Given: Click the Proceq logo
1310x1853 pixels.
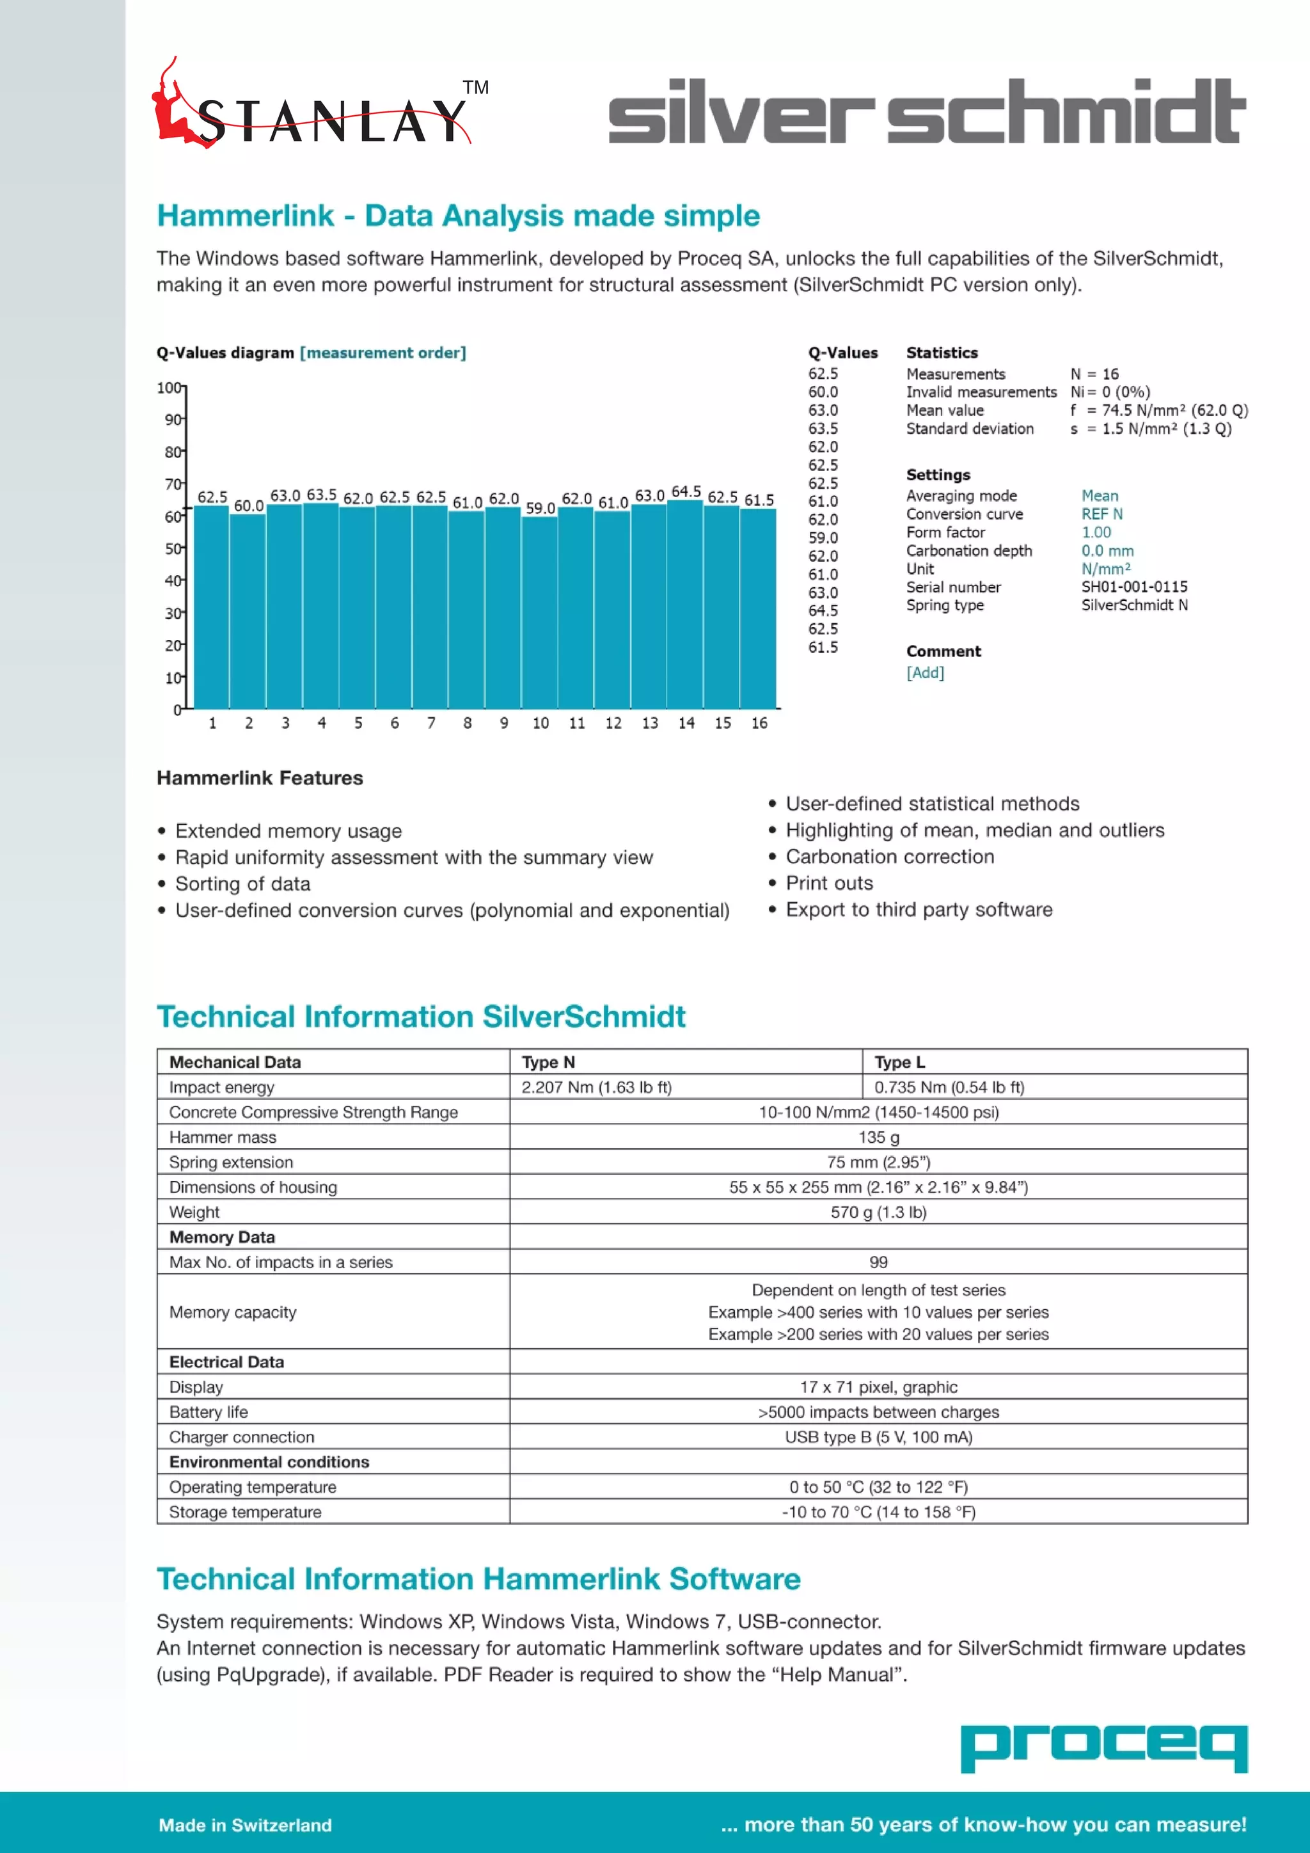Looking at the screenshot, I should click(1103, 1748).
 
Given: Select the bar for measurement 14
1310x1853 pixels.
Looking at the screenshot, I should click(686, 605).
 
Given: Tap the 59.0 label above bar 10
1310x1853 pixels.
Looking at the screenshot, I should click(541, 507).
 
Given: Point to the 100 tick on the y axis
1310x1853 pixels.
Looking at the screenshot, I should click(170, 388).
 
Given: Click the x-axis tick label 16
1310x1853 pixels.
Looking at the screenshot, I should click(759, 723).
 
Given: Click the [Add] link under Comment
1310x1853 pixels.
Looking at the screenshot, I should click(925, 672).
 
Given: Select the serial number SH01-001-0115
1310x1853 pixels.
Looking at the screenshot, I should click(1134, 587).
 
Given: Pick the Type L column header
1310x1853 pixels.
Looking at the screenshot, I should click(899, 1062).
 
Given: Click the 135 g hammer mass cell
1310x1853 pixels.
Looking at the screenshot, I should click(878, 1137).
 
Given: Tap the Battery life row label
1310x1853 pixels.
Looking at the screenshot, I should click(209, 1412).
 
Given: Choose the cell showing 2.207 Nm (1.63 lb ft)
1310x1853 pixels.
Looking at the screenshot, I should click(596, 1087).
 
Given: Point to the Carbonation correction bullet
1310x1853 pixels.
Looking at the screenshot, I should click(890, 856).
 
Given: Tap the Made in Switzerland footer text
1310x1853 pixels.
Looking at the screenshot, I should click(245, 1825).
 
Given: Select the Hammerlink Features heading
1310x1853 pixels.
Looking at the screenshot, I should click(260, 778).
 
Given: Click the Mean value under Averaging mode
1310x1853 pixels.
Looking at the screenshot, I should click(1100, 495).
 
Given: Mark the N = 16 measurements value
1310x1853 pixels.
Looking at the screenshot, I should click(1094, 374).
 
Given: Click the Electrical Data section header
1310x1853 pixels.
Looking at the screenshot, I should click(226, 1362).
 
